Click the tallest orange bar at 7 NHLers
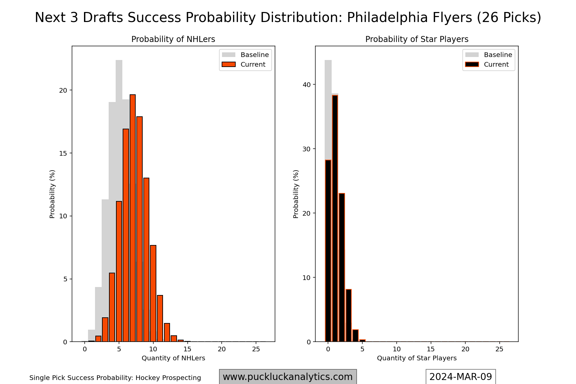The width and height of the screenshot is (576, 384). pos(133,218)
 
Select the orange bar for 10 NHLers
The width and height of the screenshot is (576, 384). pos(153,293)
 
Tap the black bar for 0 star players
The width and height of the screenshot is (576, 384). pos(328,251)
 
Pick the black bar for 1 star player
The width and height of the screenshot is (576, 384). pos(335,218)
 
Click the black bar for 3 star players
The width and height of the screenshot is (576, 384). pos(349,315)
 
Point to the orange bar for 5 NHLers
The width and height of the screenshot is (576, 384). pos(119,271)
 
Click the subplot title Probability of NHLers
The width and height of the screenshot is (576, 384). pos(173,39)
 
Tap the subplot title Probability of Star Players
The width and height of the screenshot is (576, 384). pos(417,39)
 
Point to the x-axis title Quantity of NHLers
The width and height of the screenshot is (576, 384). pos(173,358)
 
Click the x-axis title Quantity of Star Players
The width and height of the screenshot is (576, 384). pos(417,358)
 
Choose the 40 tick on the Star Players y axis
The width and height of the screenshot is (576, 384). pos(307,85)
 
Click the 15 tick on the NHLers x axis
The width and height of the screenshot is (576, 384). pos(187,349)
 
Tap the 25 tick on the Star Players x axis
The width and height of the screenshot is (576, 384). pos(499,349)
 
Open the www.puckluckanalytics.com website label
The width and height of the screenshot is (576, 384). pos(288,377)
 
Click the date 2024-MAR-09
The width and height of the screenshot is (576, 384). pos(461,377)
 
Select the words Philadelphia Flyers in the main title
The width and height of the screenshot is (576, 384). pos(410,18)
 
